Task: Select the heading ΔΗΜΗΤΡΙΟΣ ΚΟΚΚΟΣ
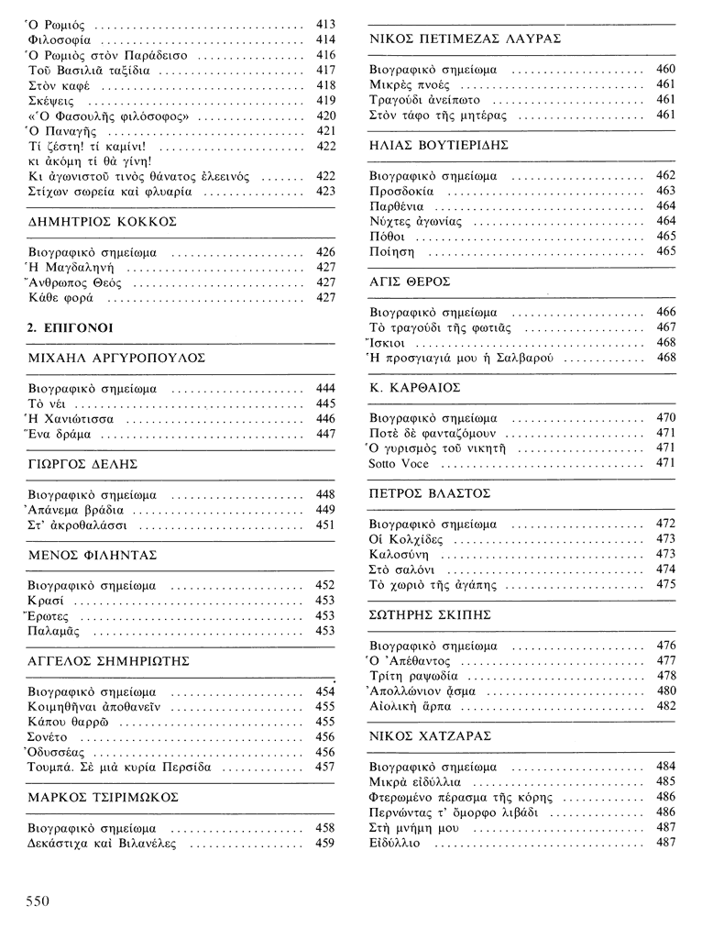coord(103,222)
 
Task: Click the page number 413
coord(324,24)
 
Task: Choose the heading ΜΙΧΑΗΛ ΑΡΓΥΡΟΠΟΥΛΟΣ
coord(116,358)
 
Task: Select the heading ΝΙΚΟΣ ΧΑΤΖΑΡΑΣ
coord(431,735)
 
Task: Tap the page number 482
coord(666,706)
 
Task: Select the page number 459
coord(324,843)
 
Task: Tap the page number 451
coord(324,525)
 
